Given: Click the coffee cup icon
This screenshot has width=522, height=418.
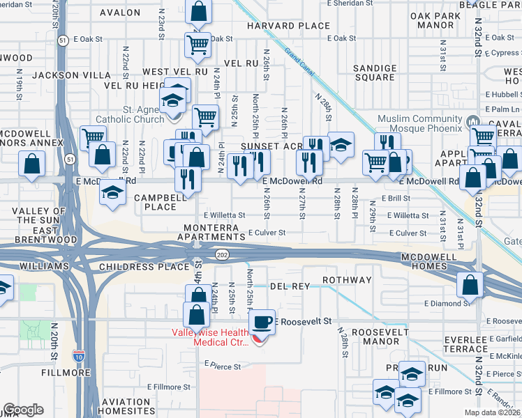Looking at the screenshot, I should [262, 322].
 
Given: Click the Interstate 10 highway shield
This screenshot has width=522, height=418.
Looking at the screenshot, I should [77, 357].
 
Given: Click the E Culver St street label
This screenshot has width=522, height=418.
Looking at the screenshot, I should [268, 233].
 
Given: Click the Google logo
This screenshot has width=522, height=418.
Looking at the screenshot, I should [23, 410].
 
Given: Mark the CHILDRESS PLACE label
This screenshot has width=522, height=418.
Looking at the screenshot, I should [144, 267].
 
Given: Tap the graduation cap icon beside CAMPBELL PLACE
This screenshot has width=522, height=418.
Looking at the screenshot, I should [112, 192].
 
